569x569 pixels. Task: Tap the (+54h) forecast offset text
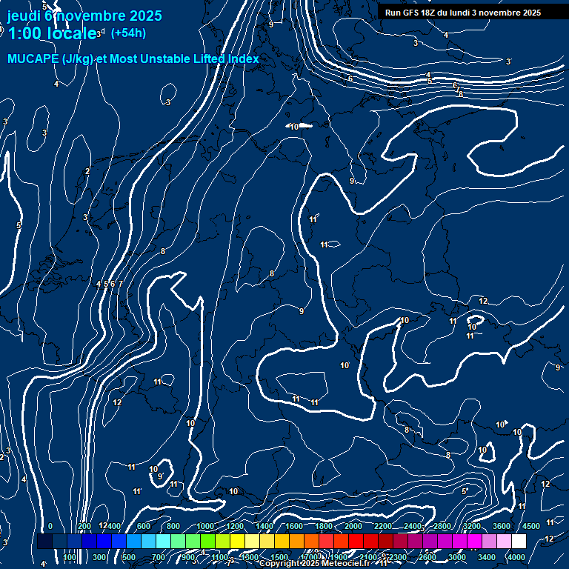128,33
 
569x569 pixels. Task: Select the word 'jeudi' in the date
24,16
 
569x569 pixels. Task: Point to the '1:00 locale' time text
50,33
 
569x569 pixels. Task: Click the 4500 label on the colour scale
530,526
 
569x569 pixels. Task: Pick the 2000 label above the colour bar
353,526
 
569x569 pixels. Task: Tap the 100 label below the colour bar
70,557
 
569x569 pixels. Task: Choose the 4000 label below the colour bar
516,557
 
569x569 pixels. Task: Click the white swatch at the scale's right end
531,542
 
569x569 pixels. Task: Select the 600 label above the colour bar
143,526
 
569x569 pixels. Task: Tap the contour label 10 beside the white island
294,127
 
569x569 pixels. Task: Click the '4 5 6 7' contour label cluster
109,284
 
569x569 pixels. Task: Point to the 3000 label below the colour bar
457,557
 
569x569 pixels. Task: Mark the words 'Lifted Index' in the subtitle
224,59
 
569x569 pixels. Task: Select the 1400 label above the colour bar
264,526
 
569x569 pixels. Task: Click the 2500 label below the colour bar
427,557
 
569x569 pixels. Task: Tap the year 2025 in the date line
140,16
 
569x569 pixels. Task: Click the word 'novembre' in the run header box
499,13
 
